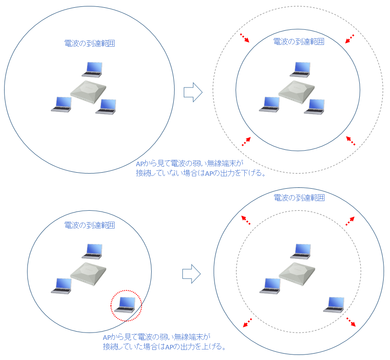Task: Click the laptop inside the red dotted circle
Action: pyautogui.click(x=125, y=305)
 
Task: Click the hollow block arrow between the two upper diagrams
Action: pyautogui.click(x=193, y=92)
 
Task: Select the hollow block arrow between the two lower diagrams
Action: pyautogui.click(x=192, y=274)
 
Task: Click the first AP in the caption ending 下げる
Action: pyautogui.click(x=139, y=164)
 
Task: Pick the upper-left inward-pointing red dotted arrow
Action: pyautogui.click(x=245, y=38)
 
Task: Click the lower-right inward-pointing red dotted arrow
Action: pyautogui.click(x=351, y=141)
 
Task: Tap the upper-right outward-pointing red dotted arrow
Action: pyautogui.click(x=350, y=221)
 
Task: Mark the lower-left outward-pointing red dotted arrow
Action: pyautogui.click(x=247, y=323)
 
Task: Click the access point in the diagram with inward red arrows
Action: pyautogui.click(x=296, y=92)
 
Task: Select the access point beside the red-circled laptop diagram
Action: pyautogui.click(x=88, y=274)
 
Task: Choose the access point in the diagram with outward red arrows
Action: pyautogui.click(x=297, y=274)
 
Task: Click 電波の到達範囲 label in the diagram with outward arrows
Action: pyautogui.click(x=299, y=198)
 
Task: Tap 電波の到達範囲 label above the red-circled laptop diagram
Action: pyautogui.click(x=89, y=225)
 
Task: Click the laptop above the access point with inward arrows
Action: pyautogui.click(x=300, y=69)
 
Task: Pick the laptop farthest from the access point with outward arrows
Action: pyautogui.click(x=334, y=305)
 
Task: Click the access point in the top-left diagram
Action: pyautogui.click(x=88, y=92)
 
